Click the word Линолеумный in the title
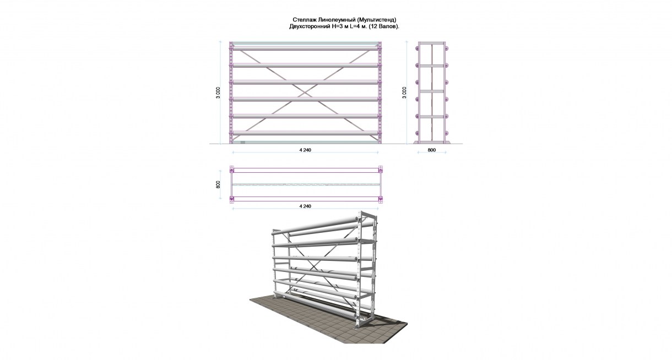[x=339, y=20]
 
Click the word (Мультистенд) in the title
[x=377, y=20]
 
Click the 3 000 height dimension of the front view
[x=218, y=92]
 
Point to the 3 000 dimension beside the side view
[x=404, y=92]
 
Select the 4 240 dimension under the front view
[x=305, y=150]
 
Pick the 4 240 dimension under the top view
[x=305, y=206]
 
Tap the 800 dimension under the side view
[x=431, y=150]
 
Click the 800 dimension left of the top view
[x=218, y=184]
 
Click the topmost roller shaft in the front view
[x=305, y=48]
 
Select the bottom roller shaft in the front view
[x=305, y=133]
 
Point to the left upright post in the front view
[x=231, y=92]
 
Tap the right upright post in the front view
[x=380, y=92]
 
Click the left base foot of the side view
[x=416, y=142]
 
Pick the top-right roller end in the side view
[x=447, y=48]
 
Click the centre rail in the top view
[x=306, y=184]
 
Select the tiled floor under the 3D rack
[x=328, y=322]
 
